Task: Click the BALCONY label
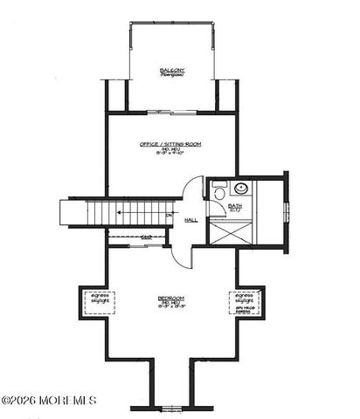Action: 171,70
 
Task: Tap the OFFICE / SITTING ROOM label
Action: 170,144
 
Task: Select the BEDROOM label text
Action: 171,299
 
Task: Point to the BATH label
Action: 234,206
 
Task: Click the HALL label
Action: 190,220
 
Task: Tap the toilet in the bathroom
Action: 218,189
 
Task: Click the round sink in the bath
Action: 241,189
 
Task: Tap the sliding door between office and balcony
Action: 172,111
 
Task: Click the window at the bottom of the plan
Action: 172,408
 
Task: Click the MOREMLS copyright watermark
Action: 49,401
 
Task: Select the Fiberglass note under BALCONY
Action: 171,76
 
